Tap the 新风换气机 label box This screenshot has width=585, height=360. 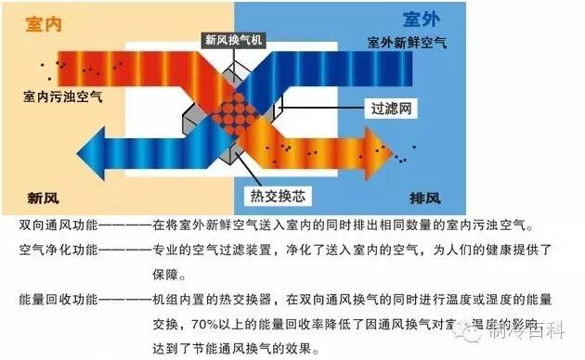click(235, 41)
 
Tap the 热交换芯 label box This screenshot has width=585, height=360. click(278, 196)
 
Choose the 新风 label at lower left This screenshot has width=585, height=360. click(46, 199)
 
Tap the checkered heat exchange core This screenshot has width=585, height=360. click(243, 111)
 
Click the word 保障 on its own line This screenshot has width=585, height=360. click(154, 276)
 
